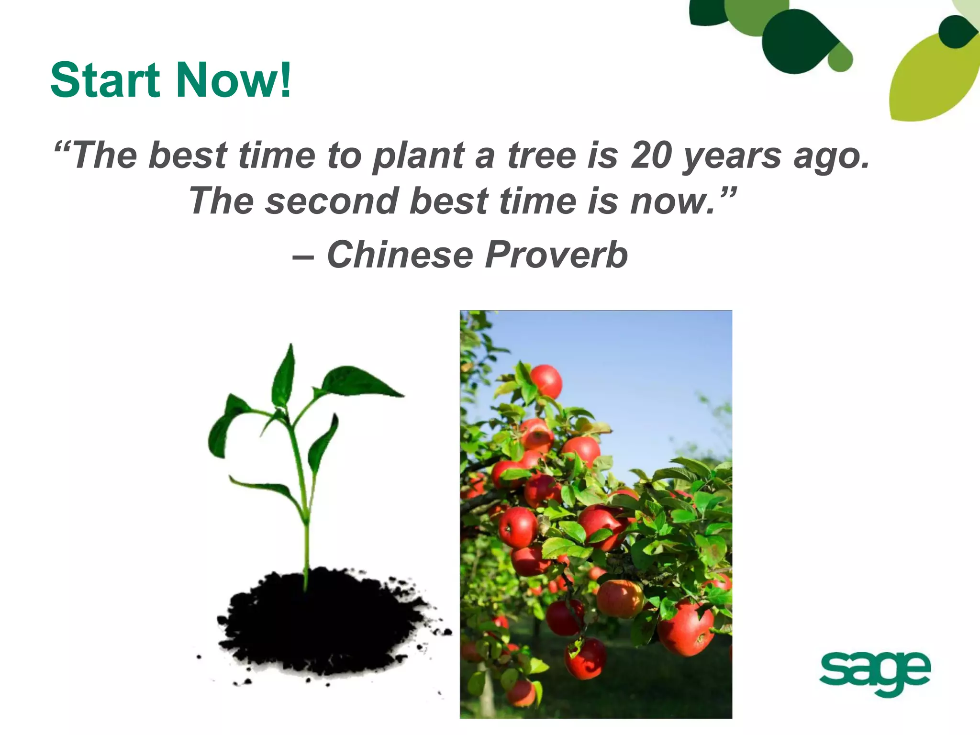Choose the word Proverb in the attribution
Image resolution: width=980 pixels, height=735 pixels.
[x=556, y=255]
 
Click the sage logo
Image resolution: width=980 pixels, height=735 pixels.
[x=875, y=673]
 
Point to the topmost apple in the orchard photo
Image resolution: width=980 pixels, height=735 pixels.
[x=546, y=381]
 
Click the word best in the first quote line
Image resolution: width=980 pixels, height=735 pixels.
[x=187, y=156]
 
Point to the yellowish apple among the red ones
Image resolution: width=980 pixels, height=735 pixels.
[x=620, y=598]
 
